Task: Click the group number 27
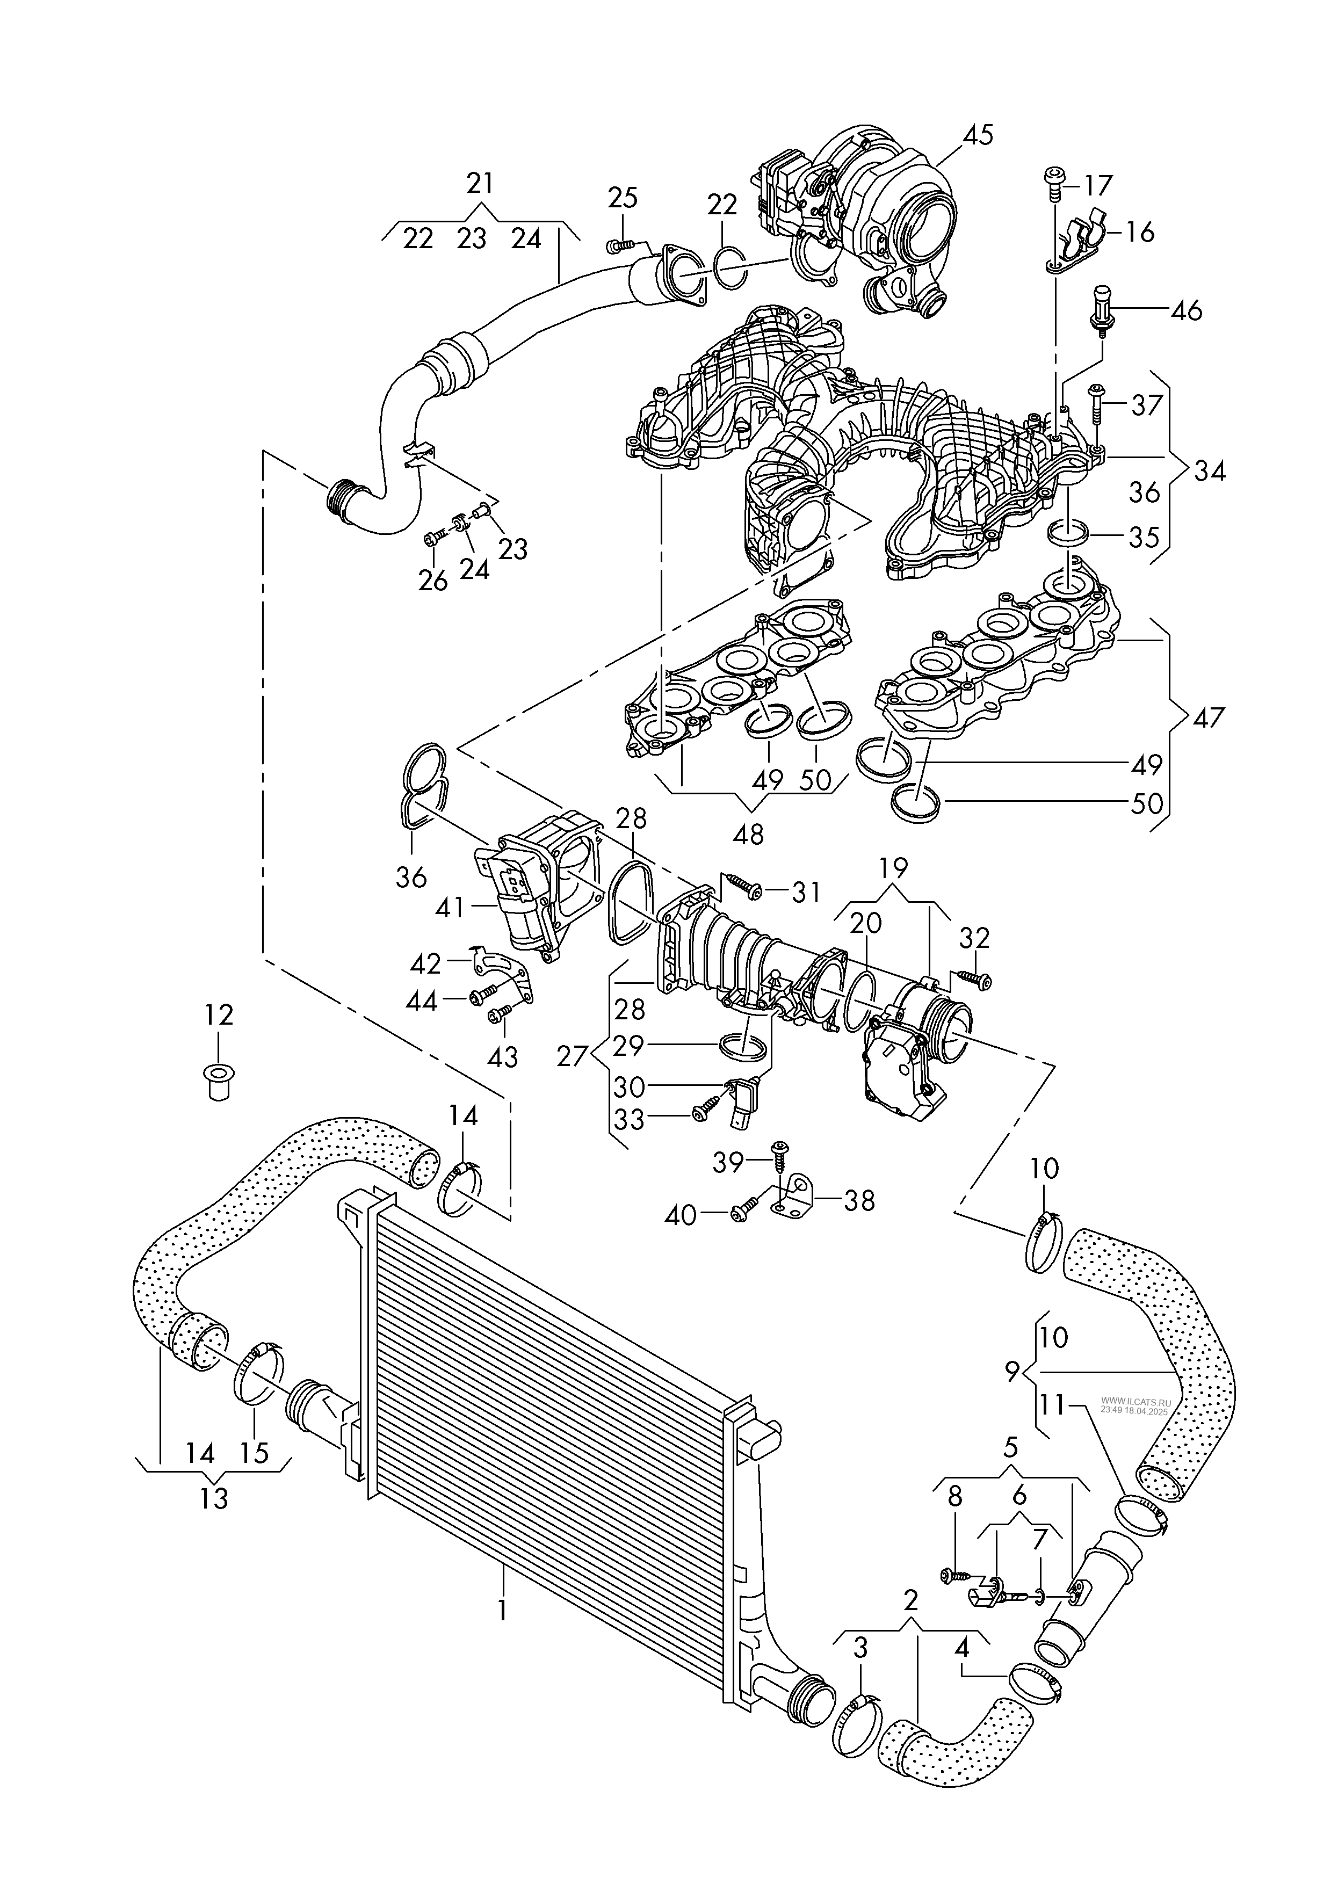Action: click(572, 1056)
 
